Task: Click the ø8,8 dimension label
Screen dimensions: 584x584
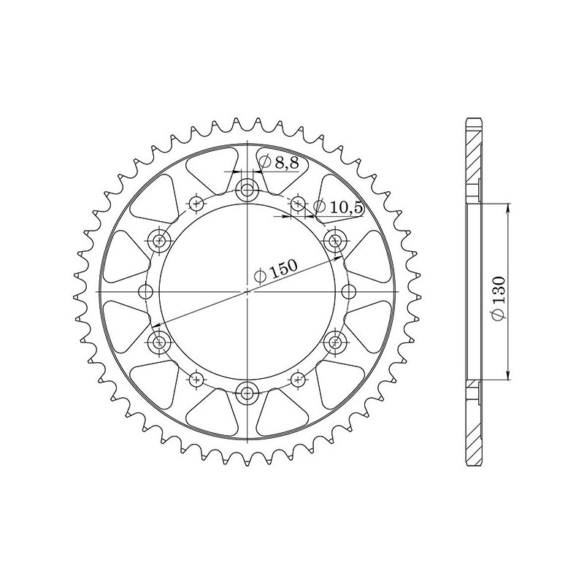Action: click(279, 163)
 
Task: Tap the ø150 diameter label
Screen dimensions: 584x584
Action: click(275, 272)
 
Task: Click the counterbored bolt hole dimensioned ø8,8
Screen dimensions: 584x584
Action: click(248, 192)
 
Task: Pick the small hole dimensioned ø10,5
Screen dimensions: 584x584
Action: click(299, 204)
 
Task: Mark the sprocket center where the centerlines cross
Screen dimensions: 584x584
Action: click(248, 291)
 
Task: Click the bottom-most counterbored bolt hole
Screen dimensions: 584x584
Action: click(248, 392)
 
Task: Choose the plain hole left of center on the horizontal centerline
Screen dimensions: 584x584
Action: click(146, 291)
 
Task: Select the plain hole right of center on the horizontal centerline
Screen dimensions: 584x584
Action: click(349, 291)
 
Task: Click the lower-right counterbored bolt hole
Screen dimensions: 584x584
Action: click(336, 341)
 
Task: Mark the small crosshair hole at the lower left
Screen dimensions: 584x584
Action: click(196, 378)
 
